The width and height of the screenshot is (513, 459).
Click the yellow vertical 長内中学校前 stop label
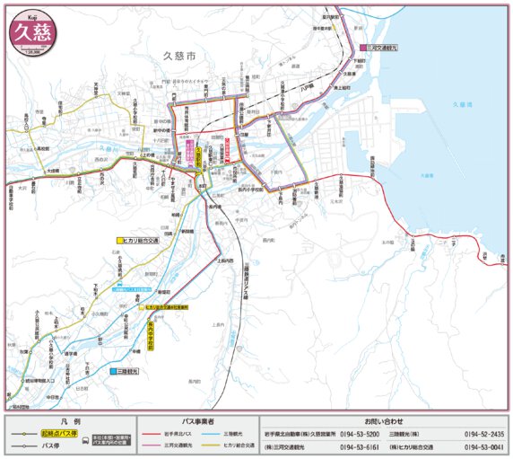(151, 336)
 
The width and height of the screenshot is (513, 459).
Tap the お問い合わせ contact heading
(384, 420)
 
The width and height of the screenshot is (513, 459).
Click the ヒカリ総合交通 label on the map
(139, 241)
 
